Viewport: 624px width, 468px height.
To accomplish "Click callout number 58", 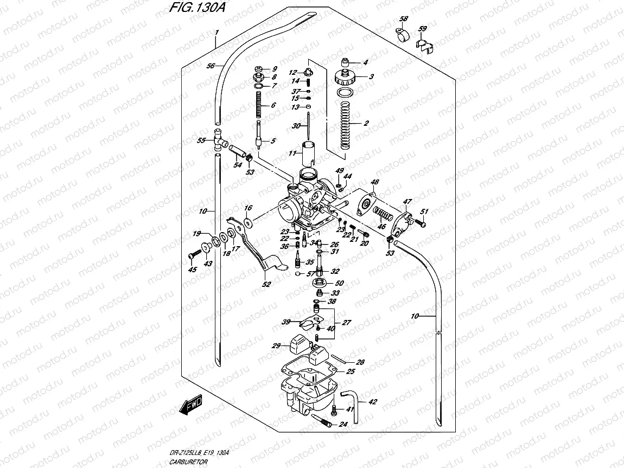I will [x=403, y=20].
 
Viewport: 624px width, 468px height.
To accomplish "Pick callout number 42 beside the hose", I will [x=372, y=402].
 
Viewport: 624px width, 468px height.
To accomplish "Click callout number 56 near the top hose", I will [x=211, y=66].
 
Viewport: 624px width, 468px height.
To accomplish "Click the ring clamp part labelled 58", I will [x=402, y=36].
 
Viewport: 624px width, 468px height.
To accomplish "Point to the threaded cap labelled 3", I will [x=345, y=76].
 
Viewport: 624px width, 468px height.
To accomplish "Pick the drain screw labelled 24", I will [x=321, y=419].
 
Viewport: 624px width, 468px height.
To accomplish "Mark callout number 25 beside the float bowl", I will [x=351, y=371].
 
